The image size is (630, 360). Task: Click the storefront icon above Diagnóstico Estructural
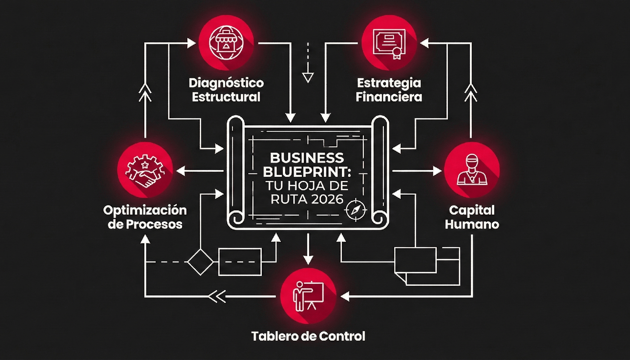[226, 43]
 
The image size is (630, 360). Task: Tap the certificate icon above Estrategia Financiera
[389, 43]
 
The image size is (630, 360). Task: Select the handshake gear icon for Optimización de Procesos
[145, 170]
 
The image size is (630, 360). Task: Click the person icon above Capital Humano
[472, 170]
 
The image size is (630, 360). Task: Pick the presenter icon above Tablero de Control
[308, 296]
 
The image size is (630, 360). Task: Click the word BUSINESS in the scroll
[307, 158]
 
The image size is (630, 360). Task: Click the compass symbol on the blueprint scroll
[356, 210]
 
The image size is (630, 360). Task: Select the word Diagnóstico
[226, 83]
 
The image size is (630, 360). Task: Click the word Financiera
[389, 97]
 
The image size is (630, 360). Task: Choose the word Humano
[472, 224]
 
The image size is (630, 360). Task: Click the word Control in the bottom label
[342, 336]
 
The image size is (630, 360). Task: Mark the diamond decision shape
[200, 262]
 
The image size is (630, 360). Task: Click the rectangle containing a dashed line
[240, 262]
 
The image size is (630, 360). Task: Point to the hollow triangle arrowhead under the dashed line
[308, 78]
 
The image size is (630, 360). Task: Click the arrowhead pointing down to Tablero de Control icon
[308, 260]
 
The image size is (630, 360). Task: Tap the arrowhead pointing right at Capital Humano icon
[437, 171]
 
